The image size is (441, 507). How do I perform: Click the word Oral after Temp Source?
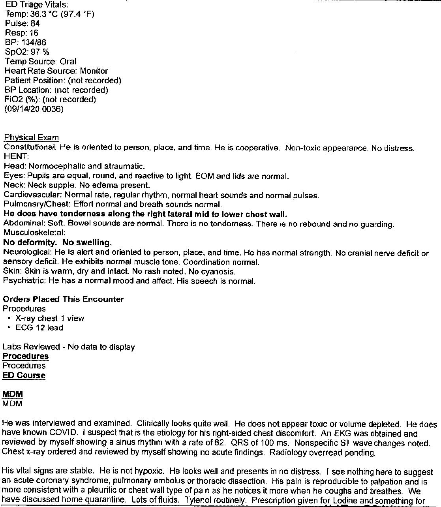point(68,62)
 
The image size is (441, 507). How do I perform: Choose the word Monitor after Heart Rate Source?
point(94,71)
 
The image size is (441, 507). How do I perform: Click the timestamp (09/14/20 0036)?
point(34,109)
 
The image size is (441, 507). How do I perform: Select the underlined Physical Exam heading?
point(31,138)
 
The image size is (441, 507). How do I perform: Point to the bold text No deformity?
point(30,242)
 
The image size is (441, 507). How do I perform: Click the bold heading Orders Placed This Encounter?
point(63,299)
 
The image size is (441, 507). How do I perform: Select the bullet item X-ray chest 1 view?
point(50,318)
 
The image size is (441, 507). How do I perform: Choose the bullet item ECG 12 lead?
point(39,328)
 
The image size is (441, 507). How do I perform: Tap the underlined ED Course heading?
point(24,376)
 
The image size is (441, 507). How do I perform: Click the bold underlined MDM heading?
point(13,394)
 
